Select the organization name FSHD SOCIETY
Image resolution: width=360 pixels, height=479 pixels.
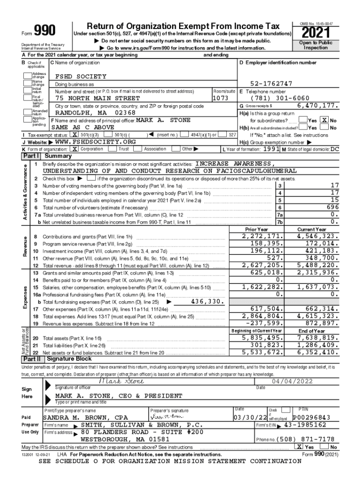click(81, 76)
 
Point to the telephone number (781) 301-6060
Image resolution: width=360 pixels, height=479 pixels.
click(280, 99)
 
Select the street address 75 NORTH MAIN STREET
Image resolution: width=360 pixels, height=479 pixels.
click(97, 99)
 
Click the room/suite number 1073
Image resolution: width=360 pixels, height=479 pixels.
click(220, 99)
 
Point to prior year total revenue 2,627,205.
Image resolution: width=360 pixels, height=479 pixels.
click(264, 265)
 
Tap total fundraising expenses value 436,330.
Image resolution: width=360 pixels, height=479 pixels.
click(206, 302)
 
